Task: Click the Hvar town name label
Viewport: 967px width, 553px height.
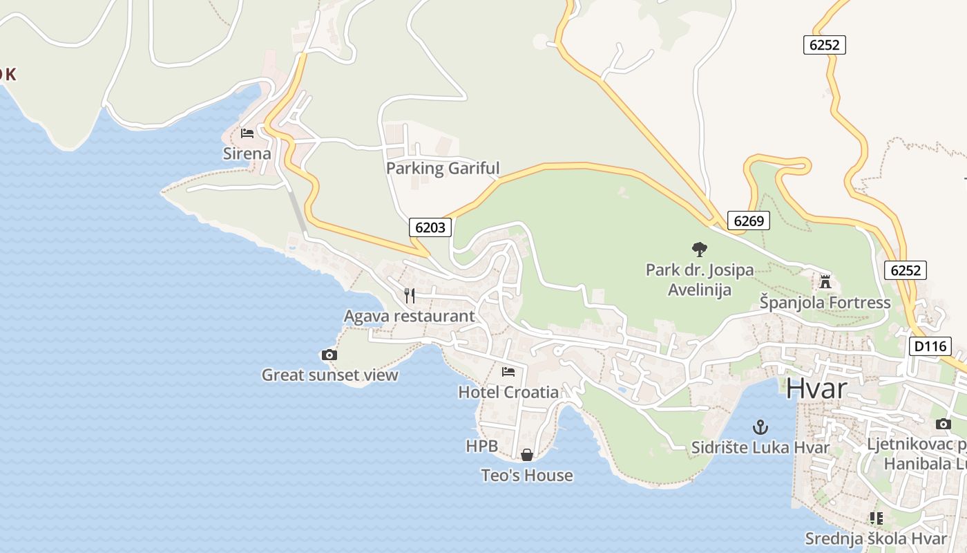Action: (816, 388)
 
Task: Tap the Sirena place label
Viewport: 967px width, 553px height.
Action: (247, 153)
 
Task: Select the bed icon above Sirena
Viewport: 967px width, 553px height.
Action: (247, 133)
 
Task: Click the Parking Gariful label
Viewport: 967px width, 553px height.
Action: (442, 169)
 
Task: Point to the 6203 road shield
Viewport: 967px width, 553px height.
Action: (430, 227)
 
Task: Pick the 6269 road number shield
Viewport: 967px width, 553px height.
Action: (748, 221)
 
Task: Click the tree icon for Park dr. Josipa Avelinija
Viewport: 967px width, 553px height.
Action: (699, 250)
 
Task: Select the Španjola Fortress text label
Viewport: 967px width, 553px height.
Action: (825, 303)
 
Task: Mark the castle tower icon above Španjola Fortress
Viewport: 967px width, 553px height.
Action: (825, 281)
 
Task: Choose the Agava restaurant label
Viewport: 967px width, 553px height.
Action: (409, 317)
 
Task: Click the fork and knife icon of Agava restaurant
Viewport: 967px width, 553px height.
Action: (410, 296)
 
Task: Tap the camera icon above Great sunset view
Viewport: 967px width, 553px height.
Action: (329, 355)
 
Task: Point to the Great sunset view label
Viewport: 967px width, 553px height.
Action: (329, 375)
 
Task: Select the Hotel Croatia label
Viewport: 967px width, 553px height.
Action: (508, 392)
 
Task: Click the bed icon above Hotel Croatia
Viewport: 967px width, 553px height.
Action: (508, 371)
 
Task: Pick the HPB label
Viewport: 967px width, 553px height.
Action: (481, 447)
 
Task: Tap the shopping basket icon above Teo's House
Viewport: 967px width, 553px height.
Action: (526, 455)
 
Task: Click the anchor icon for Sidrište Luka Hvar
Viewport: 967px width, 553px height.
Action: (760, 427)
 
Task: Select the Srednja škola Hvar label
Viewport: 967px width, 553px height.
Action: (875, 538)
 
